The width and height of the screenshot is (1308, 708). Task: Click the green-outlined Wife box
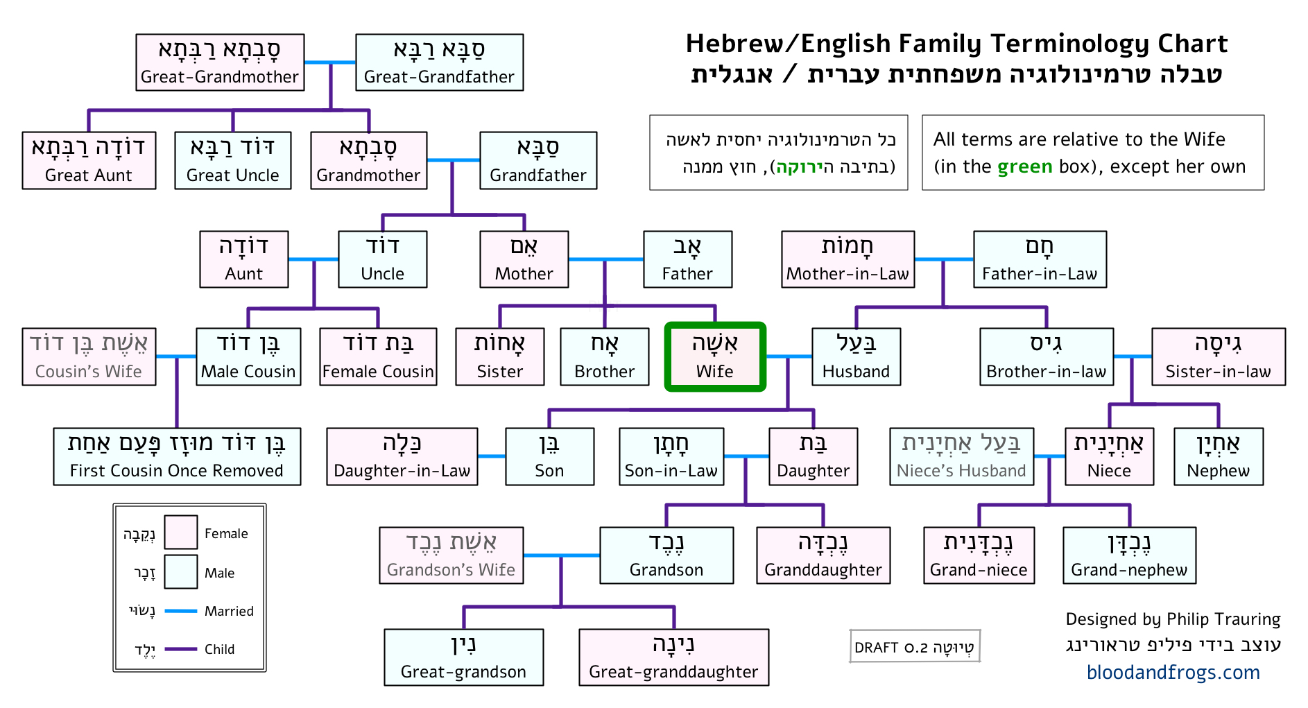[x=715, y=356]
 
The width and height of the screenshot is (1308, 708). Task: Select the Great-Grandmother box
[x=220, y=62]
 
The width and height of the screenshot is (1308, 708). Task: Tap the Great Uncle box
[x=233, y=160]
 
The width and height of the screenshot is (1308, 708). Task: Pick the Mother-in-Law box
[x=847, y=259]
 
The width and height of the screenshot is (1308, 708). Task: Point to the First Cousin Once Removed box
[x=177, y=456]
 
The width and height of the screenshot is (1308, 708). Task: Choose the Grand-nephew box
[x=1129, y=555]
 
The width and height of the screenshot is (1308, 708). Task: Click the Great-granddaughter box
[x=673, y=657]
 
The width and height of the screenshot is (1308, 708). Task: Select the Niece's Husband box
[x=962, y=456]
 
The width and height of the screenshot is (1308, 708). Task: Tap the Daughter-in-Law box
[x=402, y=456]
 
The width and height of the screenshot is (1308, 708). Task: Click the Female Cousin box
[x=378, y=356]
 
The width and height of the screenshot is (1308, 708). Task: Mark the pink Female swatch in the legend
[x=181, y=532]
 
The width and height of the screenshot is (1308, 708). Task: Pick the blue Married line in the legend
[x=181, y=611]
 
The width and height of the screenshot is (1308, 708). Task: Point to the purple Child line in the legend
[x=181, y=649]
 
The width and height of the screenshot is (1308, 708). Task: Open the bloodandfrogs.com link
[x=1173, y=672]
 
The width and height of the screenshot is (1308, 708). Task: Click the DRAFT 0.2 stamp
[x=915, y=646]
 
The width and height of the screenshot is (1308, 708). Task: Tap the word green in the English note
[x=1025, y=167]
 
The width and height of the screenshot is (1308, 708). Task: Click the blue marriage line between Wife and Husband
[x=789, y=356]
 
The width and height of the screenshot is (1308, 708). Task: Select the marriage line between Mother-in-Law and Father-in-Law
[x=944, y=259]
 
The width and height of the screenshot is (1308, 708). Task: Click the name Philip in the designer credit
[x=1187, y=619]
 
